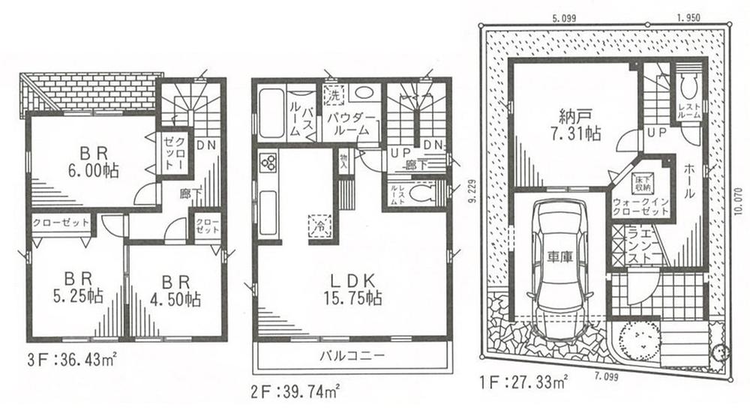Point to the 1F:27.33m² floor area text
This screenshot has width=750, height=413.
pos(523,382)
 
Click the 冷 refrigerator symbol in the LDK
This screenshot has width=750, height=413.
pos(319,223)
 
